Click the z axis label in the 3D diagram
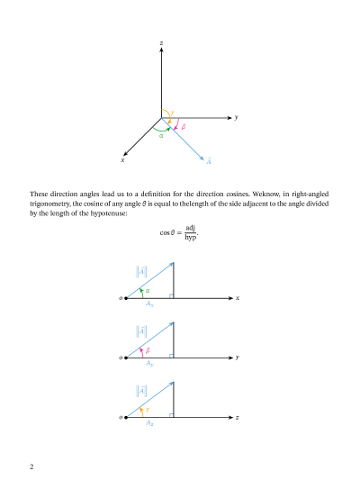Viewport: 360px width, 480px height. (x=160, y=43)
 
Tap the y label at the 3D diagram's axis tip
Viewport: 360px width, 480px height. (x=236, y=117)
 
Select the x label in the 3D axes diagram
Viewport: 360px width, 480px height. (x=122, y=160)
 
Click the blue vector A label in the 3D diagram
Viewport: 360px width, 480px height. (x=209, y=161)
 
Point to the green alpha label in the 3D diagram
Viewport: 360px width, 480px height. (x=161, y=136)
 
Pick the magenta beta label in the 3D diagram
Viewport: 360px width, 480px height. (x=184, y=127)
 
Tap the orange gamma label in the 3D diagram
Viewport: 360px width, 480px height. (x=172, y=113)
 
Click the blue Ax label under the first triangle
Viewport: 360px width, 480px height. (x=149, y=304)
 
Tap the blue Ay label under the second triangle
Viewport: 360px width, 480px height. (x=149, y=364)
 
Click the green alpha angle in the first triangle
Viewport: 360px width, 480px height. (x=148, y=290)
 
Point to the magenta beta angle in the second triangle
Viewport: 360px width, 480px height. (x=148, y=349)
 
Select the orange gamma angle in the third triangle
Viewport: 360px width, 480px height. (x=148, y=410)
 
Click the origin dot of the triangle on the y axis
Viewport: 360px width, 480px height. (x=127, y=358)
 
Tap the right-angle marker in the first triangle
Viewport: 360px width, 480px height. (x=170, y=294)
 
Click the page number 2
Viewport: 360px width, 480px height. (x=31, y=466)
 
